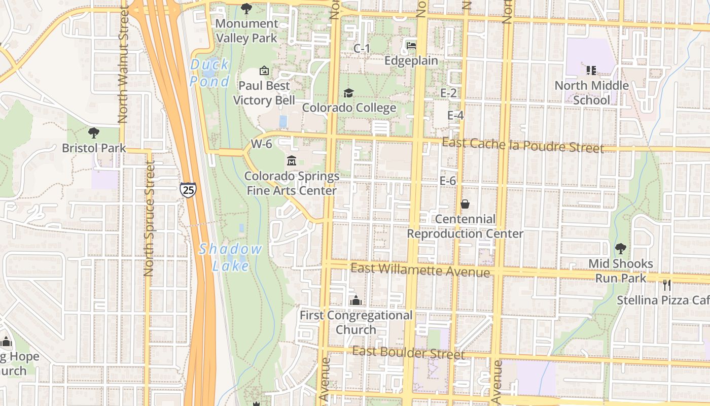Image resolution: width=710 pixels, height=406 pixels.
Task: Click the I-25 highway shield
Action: point(187,190)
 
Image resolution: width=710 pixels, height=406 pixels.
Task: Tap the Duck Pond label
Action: point(209,73)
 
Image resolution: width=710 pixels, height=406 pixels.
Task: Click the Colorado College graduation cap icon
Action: point(348,93)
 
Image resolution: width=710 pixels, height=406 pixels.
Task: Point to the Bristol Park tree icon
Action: point(93,133)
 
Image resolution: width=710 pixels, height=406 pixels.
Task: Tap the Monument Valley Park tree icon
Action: point(246,9)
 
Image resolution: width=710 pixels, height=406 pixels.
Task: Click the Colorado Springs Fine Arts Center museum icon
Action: point(292,161)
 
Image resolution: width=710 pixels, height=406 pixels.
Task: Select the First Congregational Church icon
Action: point(356,300)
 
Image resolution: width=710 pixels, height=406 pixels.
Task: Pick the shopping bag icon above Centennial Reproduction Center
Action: point(465,204)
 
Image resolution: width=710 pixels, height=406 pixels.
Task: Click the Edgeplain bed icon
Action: point(411,46)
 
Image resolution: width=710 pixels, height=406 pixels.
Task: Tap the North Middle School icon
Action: point(591,70)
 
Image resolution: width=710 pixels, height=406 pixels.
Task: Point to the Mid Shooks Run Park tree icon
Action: point(620,249)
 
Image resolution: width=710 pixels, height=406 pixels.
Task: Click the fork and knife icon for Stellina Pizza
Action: point(667,285)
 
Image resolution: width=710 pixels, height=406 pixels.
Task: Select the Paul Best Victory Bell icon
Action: point(264,71)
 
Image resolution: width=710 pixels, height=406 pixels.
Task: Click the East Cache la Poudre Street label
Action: point(523,145)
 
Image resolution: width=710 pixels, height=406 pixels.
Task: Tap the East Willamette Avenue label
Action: point(420,270)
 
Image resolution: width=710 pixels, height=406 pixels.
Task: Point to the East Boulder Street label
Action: point(408,352)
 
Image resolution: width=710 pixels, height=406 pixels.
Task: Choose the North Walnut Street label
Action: point(123,64)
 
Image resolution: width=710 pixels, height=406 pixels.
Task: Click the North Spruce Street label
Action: point(149,219)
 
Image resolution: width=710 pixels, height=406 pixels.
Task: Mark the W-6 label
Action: point(262,144)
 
